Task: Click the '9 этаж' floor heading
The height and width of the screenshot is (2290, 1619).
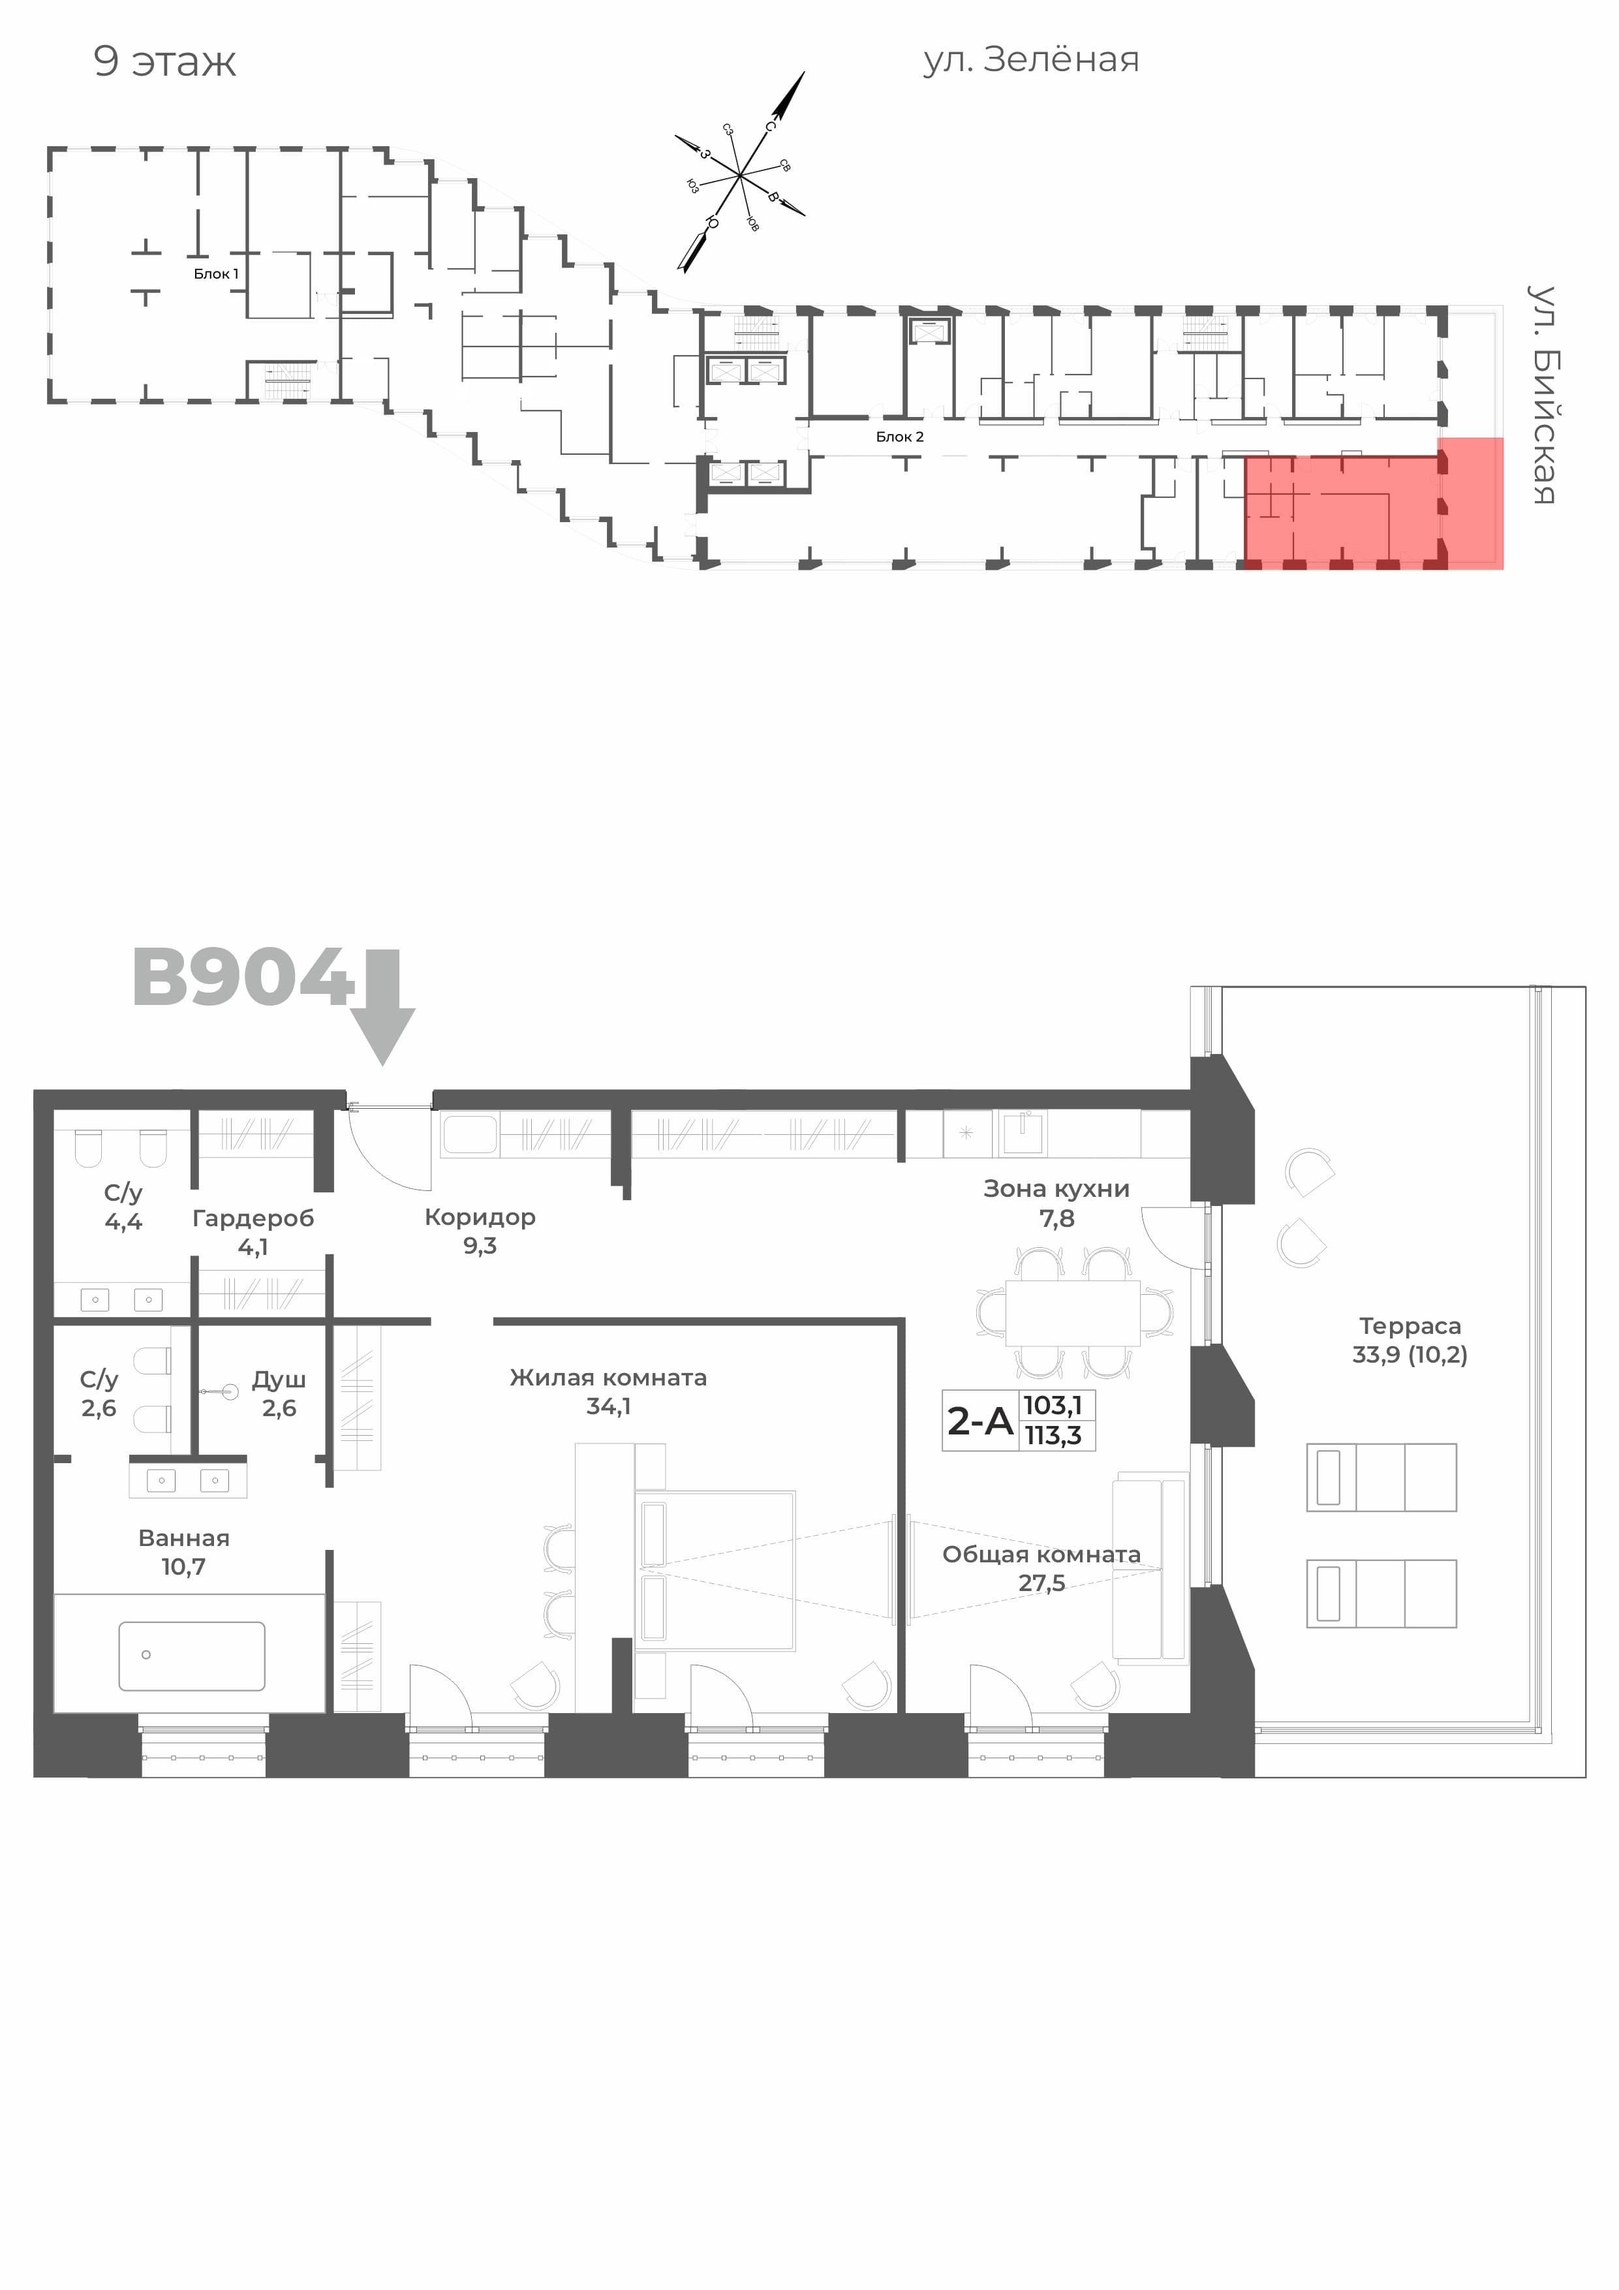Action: [x=164, y=62]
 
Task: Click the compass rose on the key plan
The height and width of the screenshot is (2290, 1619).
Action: [x=739, y=174]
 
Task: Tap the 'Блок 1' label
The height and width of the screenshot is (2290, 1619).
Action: [x=217, y=273]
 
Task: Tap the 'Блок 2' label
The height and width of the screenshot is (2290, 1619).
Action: [x=900, y=437]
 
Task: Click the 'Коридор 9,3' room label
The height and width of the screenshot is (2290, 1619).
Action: [x=480, y=1231]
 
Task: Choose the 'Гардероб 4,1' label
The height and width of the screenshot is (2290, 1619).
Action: [x=253, y=1231]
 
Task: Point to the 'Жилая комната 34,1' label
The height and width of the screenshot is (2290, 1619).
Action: [x=608, y=1391]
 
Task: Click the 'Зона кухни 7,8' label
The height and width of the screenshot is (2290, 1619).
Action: [x=1056, y=1203]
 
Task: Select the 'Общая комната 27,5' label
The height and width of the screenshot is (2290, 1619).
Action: [x=1041, y=1568]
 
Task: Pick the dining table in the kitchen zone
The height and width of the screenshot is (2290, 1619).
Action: [x=1073, y=1312]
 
